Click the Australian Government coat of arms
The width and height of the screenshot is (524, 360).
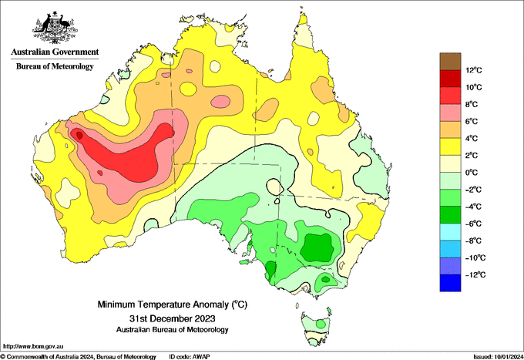click(x=55, y=28)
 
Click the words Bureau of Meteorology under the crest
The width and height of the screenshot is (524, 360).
click(x=55, y=66)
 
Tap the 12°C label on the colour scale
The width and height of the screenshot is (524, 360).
click(x=474, y=70)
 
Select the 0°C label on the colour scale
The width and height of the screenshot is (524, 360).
click(x=472, y=173)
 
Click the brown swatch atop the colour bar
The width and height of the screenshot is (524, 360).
click(x=450, y=62)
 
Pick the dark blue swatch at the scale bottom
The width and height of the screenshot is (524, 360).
click(x=450, y=283)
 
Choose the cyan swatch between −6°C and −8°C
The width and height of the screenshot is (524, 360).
click(x=450, y=232)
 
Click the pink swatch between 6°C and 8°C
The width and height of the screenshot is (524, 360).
click(x=450, y=113)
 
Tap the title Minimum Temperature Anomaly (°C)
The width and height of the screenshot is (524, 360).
click(x=173, y=304)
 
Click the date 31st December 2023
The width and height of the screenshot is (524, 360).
click(x=173, y=318)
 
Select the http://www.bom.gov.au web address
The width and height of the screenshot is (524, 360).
click(x=32, y=346)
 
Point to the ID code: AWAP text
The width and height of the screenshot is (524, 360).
click(x=190, y=357)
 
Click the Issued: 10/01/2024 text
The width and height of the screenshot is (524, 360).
click(x=498, y=357)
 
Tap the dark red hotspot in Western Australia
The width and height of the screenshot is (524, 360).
click(x=79, y=136)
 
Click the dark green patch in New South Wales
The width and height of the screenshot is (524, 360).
click(x=317, y=247)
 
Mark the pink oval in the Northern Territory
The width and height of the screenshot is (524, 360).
click(x=220, y=101)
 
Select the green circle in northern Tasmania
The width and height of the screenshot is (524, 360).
click(x=321, y=324)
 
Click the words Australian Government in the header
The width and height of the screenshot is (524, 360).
click(x=55, y=52)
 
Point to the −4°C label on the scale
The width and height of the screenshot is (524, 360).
click(x=473, y=207)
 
